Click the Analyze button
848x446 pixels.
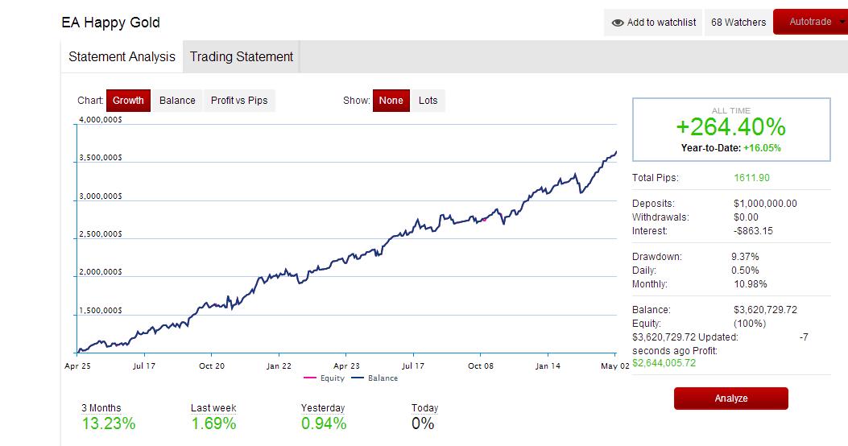(x=730, y=399)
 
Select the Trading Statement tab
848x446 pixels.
(x=242, y=57)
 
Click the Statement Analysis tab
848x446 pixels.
(x=122, y=57)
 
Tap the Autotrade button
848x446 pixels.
(x=810, y=22)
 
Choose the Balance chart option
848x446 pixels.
(x=177, y=101)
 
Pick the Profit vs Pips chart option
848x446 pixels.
(x=239, y=101)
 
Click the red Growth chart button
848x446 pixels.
(x=128, y=101)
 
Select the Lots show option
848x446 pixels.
(x=428, y=101)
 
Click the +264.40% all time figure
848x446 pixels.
(x=730, y=127)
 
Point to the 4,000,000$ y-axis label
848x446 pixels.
(x=101, y=119)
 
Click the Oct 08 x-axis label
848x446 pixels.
(x=481, y=366)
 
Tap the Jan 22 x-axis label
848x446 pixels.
(x=279, y=366)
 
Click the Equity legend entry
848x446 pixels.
(x=324, y=378)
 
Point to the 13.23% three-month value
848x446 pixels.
(x=109, y=423)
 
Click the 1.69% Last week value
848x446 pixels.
(x=213, y=423)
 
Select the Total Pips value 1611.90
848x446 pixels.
(x=751, y=178)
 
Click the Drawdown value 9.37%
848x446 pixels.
(x=745, y=257)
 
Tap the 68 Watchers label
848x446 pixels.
(x=738, y=23)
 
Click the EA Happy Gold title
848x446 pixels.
(x=111, y=23)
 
